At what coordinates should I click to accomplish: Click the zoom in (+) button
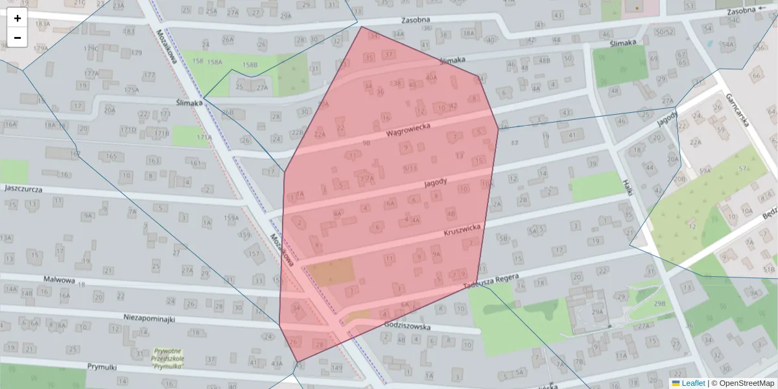[18, 18]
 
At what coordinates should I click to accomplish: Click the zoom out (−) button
[18, 38]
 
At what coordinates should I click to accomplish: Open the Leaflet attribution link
[693, 383]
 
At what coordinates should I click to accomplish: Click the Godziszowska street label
[407, 326]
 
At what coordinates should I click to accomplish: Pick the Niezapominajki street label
[150, 320]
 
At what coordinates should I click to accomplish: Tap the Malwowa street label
[60, 280]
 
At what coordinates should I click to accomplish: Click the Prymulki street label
[102, 367]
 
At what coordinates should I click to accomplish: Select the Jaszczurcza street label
[23, 189]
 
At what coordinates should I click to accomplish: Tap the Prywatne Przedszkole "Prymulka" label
[168, 359]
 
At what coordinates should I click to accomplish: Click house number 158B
[250, 65]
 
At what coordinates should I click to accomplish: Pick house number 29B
[659, 303]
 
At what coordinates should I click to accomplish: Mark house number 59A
[705, 171]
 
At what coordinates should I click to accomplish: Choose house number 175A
[132, 89]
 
